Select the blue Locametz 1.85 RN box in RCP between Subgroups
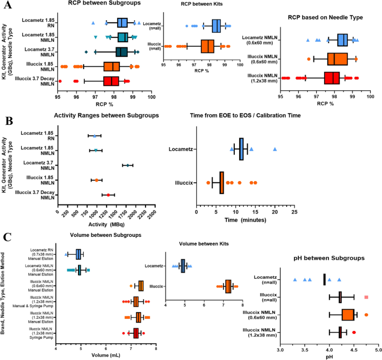(123, 23)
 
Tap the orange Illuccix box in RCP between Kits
(207, 46)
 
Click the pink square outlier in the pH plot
(366, 297)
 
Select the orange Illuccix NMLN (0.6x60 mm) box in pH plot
(348, 315)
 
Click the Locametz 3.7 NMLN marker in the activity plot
(128, 165)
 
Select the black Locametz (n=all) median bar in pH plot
(325, 279)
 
